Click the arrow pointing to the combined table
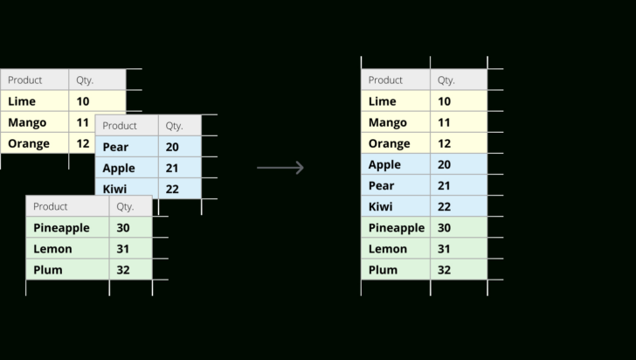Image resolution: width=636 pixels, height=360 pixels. [280, 168]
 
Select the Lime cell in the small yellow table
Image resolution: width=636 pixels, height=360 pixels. [22, 101]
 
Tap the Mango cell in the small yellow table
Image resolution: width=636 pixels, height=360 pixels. [27, 122]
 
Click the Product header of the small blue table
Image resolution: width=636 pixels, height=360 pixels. [120, 125]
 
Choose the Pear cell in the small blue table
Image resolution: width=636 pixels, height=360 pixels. [115, 147]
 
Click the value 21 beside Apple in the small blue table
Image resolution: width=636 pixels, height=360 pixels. [172, 168]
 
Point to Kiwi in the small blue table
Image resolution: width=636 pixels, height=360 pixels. [114, 189]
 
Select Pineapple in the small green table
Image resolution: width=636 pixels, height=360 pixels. [61, 227]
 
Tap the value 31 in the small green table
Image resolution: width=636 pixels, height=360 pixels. [122, 248]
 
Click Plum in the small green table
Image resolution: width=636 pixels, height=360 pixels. [48, 269]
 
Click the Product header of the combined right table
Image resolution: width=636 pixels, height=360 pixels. [385, 80]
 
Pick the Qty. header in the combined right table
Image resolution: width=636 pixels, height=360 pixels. [446, 80]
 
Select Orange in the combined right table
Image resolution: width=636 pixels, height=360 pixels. [389, 143]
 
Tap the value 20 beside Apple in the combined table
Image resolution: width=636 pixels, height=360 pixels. [445, 164]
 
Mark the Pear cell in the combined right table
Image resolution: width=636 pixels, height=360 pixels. [382, 185]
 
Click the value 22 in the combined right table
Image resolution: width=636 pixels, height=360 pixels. [445, 206]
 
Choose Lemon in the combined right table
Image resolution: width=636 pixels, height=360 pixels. [387, 248]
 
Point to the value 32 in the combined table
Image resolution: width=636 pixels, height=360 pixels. [445, 269]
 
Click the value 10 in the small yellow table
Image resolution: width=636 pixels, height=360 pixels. [83, 101]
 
